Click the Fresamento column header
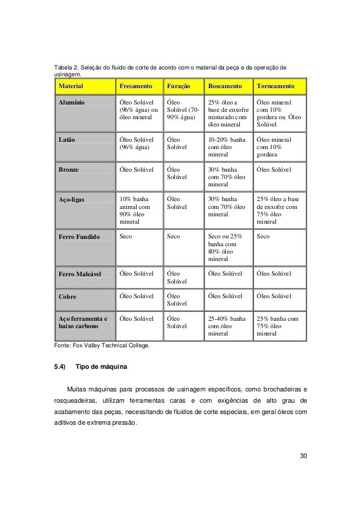tap(135, 88)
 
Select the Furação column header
tap(178, 88)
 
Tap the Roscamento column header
tap(225, 88)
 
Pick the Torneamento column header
tap(276, 88)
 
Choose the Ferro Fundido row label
tap(78, 237)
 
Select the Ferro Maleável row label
tap(80, 274)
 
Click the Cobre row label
tap(68, 296)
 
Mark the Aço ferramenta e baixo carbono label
tap(83, 322)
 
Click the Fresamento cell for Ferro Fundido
tap(125, 237)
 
